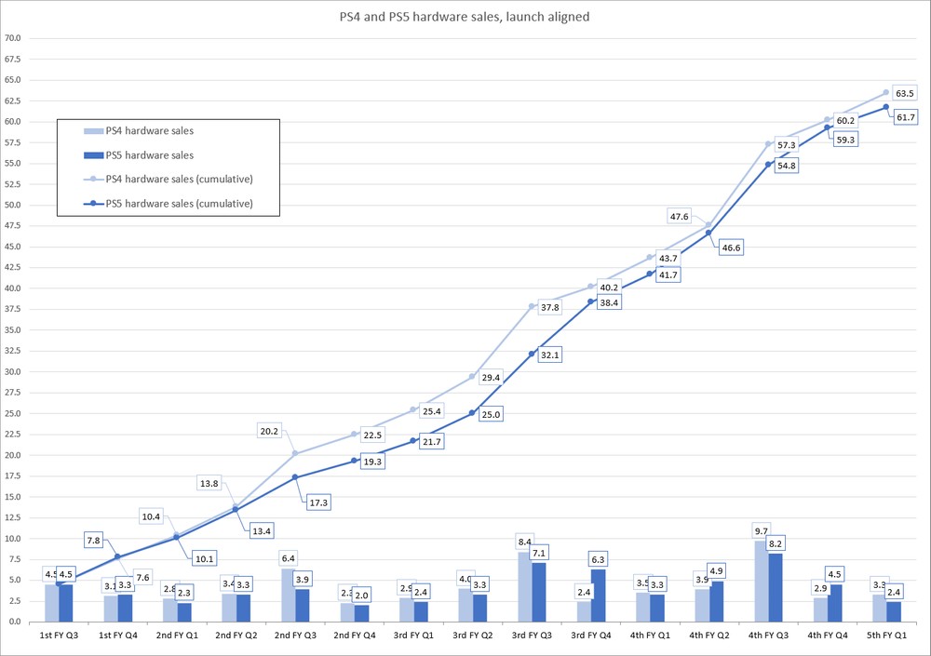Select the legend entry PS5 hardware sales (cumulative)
[x=169, y=203]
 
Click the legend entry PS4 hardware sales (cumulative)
[x=169, y=179]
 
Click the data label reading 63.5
[x=905, y=94]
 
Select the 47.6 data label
[x=679, y=217]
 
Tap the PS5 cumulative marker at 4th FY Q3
[x=768, y=164]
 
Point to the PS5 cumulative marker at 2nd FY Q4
[x=355, y=460]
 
